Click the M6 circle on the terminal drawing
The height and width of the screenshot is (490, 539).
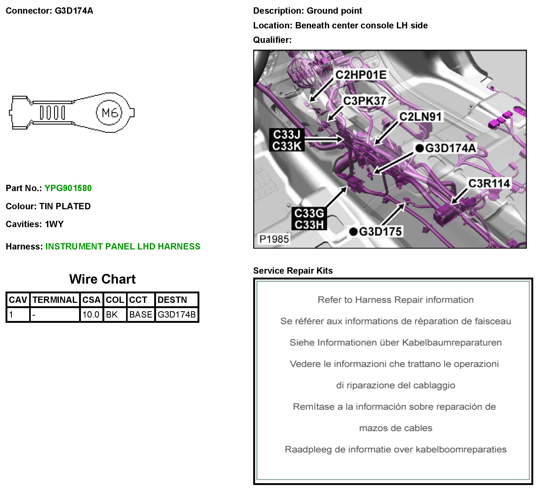coord(109,113)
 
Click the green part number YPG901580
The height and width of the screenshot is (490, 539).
coord(68,188)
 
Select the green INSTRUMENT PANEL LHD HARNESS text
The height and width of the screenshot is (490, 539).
coord(123,247)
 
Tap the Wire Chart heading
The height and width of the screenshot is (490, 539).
coord(102,279)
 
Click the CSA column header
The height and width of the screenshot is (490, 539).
coord(91,300)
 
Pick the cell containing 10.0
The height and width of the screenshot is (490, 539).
coord(91,314)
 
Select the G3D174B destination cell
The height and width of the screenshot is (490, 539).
coord(177,314)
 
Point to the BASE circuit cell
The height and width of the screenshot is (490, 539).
coord(141,314)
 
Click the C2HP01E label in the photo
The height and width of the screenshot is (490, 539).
coord(361,75)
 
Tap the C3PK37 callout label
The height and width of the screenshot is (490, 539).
coord(365,101)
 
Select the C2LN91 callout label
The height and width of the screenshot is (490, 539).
coord(421,117)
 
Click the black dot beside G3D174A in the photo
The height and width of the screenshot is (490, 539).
coord(420,148)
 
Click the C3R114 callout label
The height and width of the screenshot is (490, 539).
coord(489,183)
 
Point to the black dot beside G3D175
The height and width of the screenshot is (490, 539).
coord(354,232)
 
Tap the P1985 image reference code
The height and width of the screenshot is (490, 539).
coord(274,239)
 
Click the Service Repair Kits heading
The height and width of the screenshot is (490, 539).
coord(293,271)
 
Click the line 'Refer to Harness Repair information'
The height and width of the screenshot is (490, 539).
coord(396,300)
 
